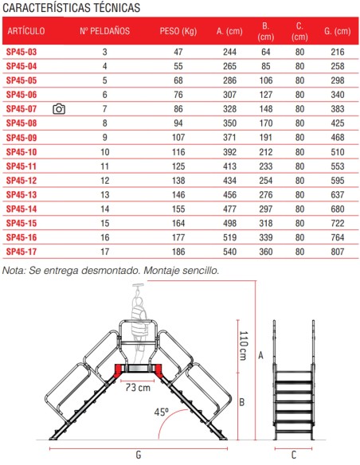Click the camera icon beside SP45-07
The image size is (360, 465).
pos(59,109)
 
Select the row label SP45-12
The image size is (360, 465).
pos(22,181)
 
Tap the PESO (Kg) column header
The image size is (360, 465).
pos(178,31)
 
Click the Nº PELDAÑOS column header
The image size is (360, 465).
pos(104,31)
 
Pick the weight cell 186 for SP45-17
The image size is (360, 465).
pos(178,252)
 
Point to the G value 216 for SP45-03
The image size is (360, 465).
pos(338,53)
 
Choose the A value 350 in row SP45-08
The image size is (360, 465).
pos(230,123)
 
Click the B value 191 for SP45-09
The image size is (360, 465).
pos(266,138)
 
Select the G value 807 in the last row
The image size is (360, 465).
pos(338,252)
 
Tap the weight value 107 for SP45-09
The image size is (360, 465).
pos(178,138)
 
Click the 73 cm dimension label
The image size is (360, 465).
pos(138,387)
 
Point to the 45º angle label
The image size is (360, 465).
pos(162,412)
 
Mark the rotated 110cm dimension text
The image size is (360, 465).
pos(244,346)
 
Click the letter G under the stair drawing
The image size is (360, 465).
pos(139,455)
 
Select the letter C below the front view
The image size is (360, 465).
pos(294,455)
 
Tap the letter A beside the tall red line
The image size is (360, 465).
pos(260,355)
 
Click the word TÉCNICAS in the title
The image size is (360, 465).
pos(117,8)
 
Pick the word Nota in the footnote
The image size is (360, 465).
pos(14,271)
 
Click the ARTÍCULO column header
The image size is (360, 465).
pos(26,31)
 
